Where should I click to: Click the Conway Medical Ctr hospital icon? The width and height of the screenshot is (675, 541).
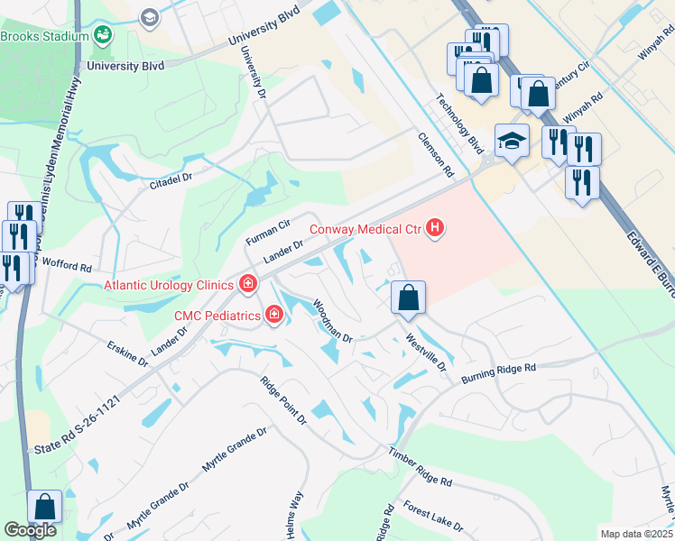point(435,228)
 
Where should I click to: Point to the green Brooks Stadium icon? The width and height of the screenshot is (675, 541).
point(104,36)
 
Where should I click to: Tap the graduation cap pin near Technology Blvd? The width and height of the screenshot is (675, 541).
point(512,141)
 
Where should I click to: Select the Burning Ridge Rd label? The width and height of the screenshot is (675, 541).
point(499,372)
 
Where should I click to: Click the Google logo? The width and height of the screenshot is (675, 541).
point(30,530)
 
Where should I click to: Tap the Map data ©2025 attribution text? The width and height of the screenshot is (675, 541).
point(636,534)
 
